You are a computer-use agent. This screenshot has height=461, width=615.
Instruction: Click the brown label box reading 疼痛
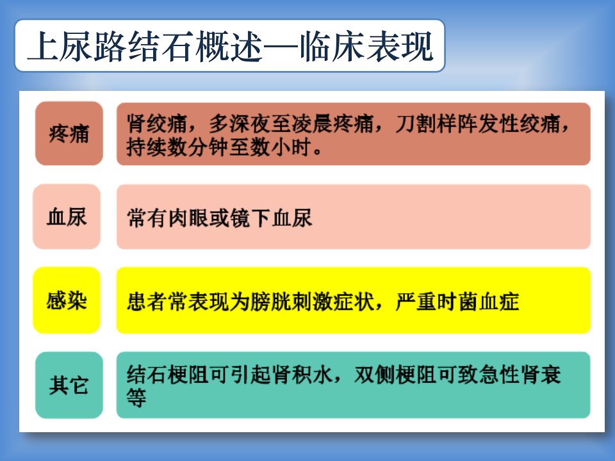pos(69,133)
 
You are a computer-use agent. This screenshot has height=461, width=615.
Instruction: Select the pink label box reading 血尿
pos(67,217)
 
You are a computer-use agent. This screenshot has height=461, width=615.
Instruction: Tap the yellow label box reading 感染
pos(67,300)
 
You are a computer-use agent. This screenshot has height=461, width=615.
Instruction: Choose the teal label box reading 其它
pos(69,385)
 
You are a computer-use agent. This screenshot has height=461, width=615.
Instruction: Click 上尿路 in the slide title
pos(77,47)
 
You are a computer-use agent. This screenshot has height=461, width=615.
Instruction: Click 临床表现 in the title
pos(366,47)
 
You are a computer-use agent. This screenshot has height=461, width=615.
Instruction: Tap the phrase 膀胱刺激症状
pos(312,302)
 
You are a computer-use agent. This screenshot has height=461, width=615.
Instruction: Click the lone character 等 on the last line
pos(136,398)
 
